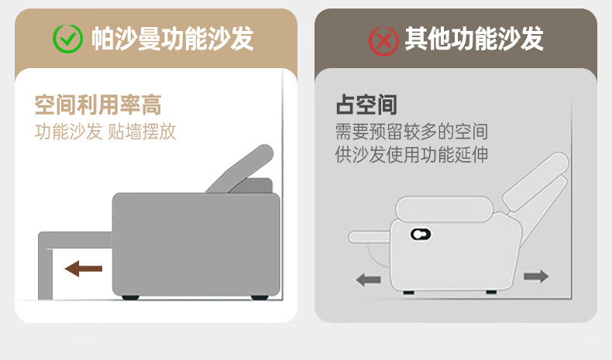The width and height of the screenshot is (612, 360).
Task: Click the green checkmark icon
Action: [x=67, y=39]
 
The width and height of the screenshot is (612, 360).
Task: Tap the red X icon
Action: [x=383, y=41]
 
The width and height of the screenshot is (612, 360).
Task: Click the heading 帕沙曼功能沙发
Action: [x=173, y=39]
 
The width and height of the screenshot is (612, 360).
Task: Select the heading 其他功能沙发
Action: [x=474, y=39]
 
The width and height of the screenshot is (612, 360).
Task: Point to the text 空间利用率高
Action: [x=98, y=105]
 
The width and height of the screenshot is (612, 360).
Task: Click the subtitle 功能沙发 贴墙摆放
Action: [x=105, y=132]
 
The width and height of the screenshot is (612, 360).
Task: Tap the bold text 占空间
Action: [x=366, y=105]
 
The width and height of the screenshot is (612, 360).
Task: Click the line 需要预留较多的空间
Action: [x=411, y=132]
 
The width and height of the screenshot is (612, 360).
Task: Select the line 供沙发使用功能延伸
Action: [x=411, y=155]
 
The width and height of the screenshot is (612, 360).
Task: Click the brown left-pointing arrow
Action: [x=84, y=269]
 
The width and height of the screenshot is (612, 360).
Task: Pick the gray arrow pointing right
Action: [x=536, y=276]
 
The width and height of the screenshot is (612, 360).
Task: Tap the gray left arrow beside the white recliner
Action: [x=369, y=279]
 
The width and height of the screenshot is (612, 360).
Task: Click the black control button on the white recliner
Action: [x=421, y=235]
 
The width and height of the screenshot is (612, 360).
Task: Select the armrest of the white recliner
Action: [x=444, y=209]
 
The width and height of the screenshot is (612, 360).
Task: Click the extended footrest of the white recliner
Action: [x=370, y=237]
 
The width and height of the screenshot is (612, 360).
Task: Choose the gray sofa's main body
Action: [x=196, y=245]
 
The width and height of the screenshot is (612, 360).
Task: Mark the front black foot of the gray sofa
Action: [x=130, y=297]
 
